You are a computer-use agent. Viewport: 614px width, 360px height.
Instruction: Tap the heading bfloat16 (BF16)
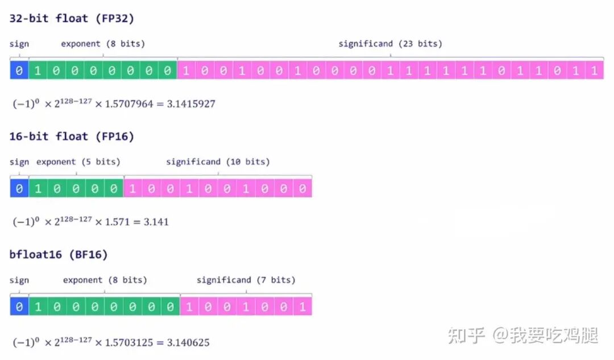click(59, 255)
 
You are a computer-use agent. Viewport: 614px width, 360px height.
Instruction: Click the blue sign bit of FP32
click(19, 71)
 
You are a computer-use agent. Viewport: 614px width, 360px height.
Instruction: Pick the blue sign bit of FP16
click(19, 188)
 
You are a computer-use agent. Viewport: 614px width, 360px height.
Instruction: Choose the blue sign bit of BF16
click(19, 307)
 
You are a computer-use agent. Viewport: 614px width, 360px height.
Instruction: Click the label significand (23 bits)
click(390, 44)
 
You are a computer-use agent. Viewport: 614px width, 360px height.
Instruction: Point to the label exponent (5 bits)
click(78, 162)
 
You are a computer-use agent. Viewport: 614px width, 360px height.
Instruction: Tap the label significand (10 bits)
click(218, 162)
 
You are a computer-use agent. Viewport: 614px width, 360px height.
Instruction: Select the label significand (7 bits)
click(246, 280)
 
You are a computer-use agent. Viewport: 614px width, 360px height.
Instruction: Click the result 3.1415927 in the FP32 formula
click(191, 104)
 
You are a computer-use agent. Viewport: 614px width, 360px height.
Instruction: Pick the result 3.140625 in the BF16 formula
click(188, 343)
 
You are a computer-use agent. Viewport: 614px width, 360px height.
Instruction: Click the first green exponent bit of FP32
click(38, 71)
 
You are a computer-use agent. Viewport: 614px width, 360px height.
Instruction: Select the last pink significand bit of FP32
click(594, 71)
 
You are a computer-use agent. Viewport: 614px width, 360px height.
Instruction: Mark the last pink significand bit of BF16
click(302, 307)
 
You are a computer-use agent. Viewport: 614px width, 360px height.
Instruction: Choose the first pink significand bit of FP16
click(132, 188)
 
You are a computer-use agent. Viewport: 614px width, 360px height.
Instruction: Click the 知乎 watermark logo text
click(466, 336)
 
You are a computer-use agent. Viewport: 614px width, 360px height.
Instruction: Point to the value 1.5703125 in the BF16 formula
click(128, 343)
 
